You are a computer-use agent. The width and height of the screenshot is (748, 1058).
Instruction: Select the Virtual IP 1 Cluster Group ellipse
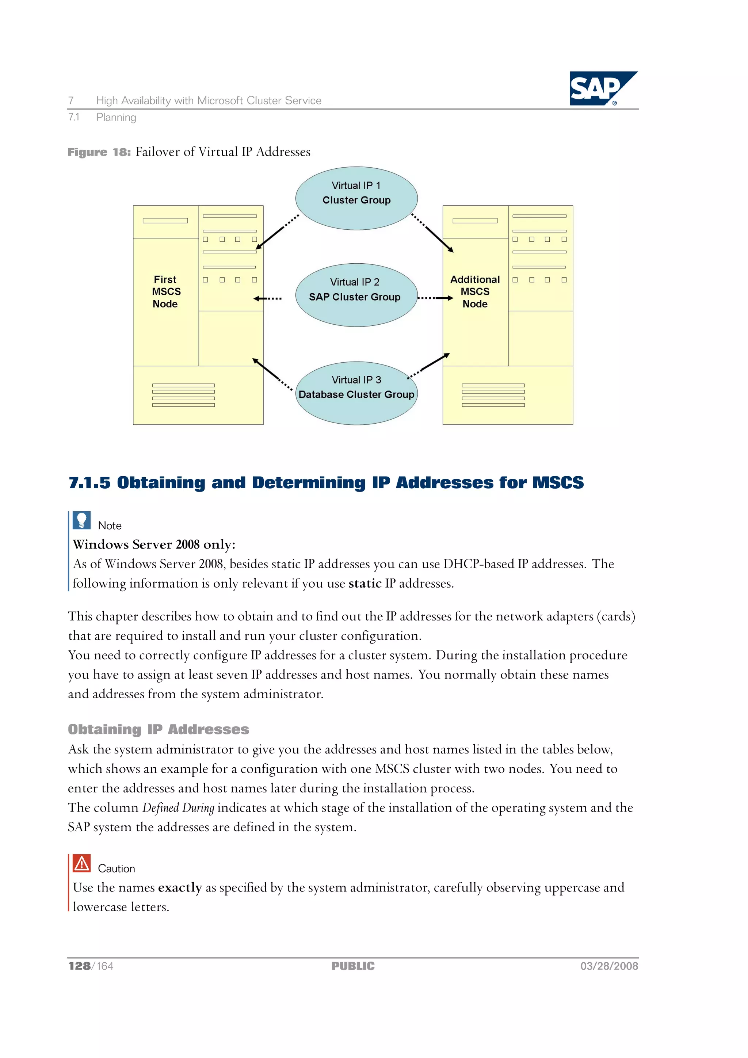pyautogui.click(x=356, y=198)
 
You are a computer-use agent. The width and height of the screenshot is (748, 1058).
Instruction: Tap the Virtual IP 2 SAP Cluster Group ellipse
pyautogui.click(x=356, y=295)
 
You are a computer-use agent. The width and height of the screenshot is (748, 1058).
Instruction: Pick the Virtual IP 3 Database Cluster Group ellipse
pyautogui.click(x=356, y=393)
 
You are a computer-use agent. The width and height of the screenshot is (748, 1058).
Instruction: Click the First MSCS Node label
pyautogui.click(x=165, y=292)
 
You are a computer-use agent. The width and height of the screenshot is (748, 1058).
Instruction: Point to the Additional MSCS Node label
pyautogui.click(x=475, y=292)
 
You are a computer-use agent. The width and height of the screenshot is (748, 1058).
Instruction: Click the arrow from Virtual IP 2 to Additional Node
pyautogui.click(x=435, y=298)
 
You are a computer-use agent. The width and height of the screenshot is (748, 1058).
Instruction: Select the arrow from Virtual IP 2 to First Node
pyautogui.click(x=267, y=299)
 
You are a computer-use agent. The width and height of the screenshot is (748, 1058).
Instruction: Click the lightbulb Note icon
pyautogui.click(x=81, y=521)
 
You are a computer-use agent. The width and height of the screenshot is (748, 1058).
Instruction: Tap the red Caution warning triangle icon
pyautogui.click(x=81, y=864)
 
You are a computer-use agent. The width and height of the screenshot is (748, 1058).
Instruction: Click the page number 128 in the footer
pyautogui.click(x=79, y=966)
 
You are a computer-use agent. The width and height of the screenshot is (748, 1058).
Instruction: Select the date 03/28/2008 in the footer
pyautogui.click(x=609, y=966)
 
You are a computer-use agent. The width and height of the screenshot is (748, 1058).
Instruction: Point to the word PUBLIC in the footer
pyautogui.click(x=353, y=966)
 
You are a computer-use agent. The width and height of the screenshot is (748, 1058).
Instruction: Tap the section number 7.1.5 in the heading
pyautogui.click(x=89, y=482)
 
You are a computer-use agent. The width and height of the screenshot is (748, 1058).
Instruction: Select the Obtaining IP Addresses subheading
pyautogui.click(x=158, y=729)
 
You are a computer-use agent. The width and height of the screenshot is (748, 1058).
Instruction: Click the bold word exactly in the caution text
pyautogui.click(x=180, y=887)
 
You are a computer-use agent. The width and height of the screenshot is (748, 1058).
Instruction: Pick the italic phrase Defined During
pyautogui.click(x=178, y=808)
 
